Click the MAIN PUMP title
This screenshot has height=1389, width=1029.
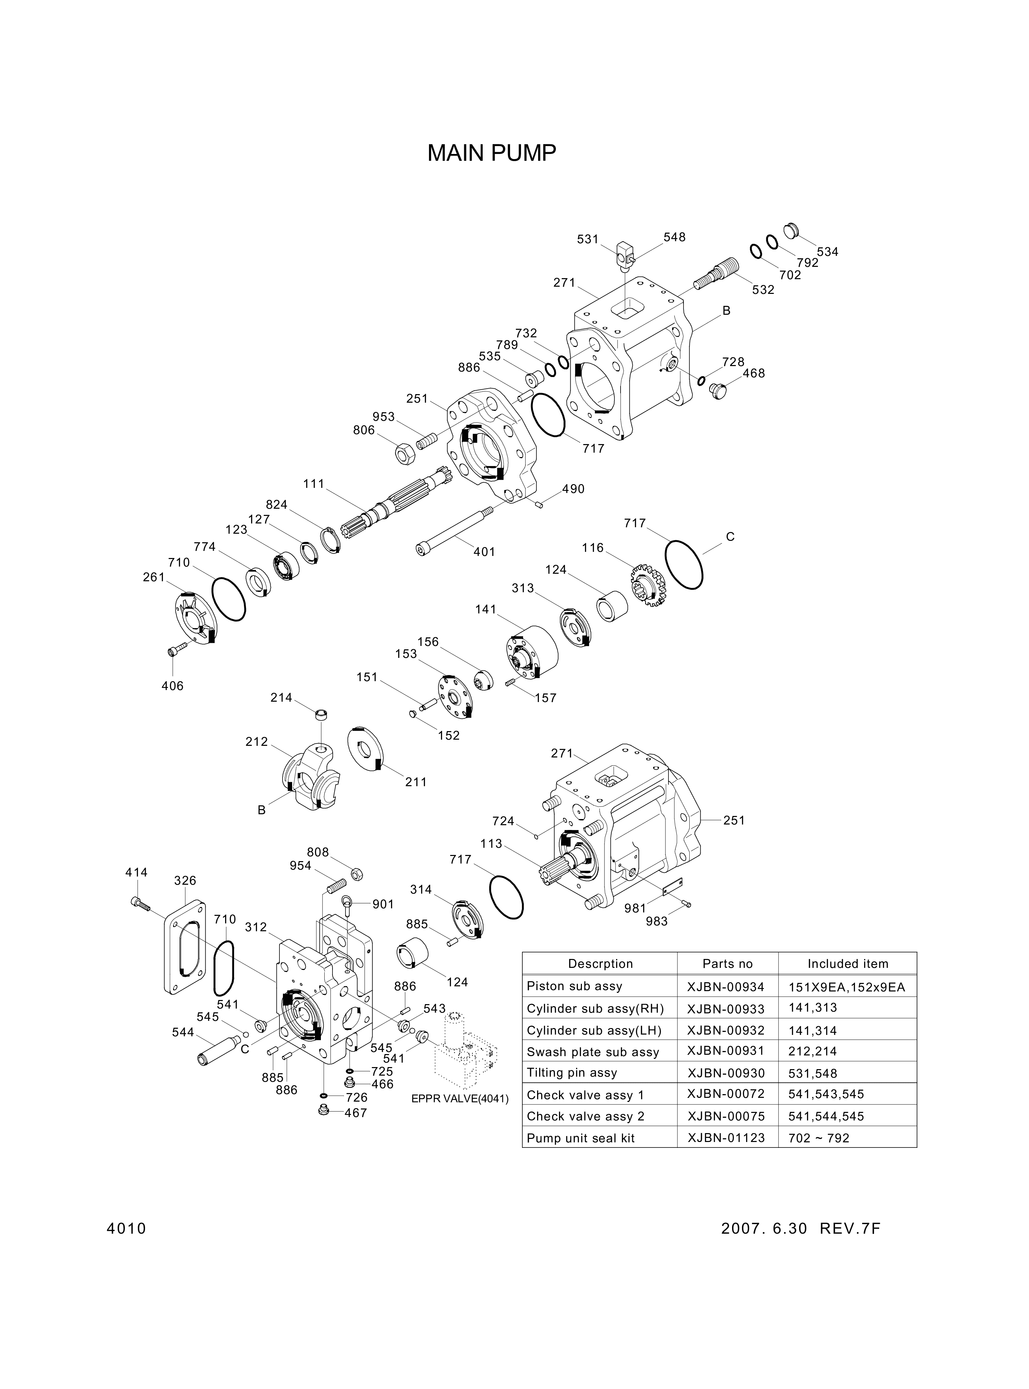(492, 153)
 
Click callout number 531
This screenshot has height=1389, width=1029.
(587, 239)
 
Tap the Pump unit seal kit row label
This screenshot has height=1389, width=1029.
(581, 1138)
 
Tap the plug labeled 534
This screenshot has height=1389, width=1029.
(790, 230)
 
